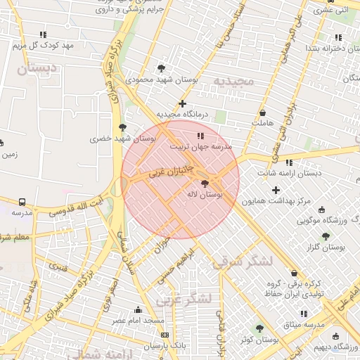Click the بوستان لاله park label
point(205,194)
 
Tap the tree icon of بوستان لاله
point(205,184)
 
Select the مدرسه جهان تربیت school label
point(202,147)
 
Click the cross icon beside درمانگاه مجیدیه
point(182,104)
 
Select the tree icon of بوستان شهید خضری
point(123,127)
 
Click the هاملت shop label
point(262,123)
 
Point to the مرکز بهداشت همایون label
point(276,201)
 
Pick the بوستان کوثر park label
point(258,340)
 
